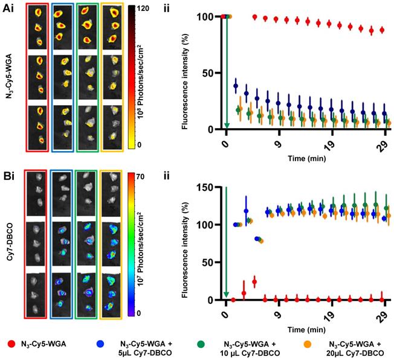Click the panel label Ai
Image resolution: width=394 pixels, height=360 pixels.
[8, 8]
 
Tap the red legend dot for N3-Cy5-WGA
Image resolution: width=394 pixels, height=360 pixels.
[12, 342]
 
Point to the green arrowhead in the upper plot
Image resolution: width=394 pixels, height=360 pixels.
[227, 126]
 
